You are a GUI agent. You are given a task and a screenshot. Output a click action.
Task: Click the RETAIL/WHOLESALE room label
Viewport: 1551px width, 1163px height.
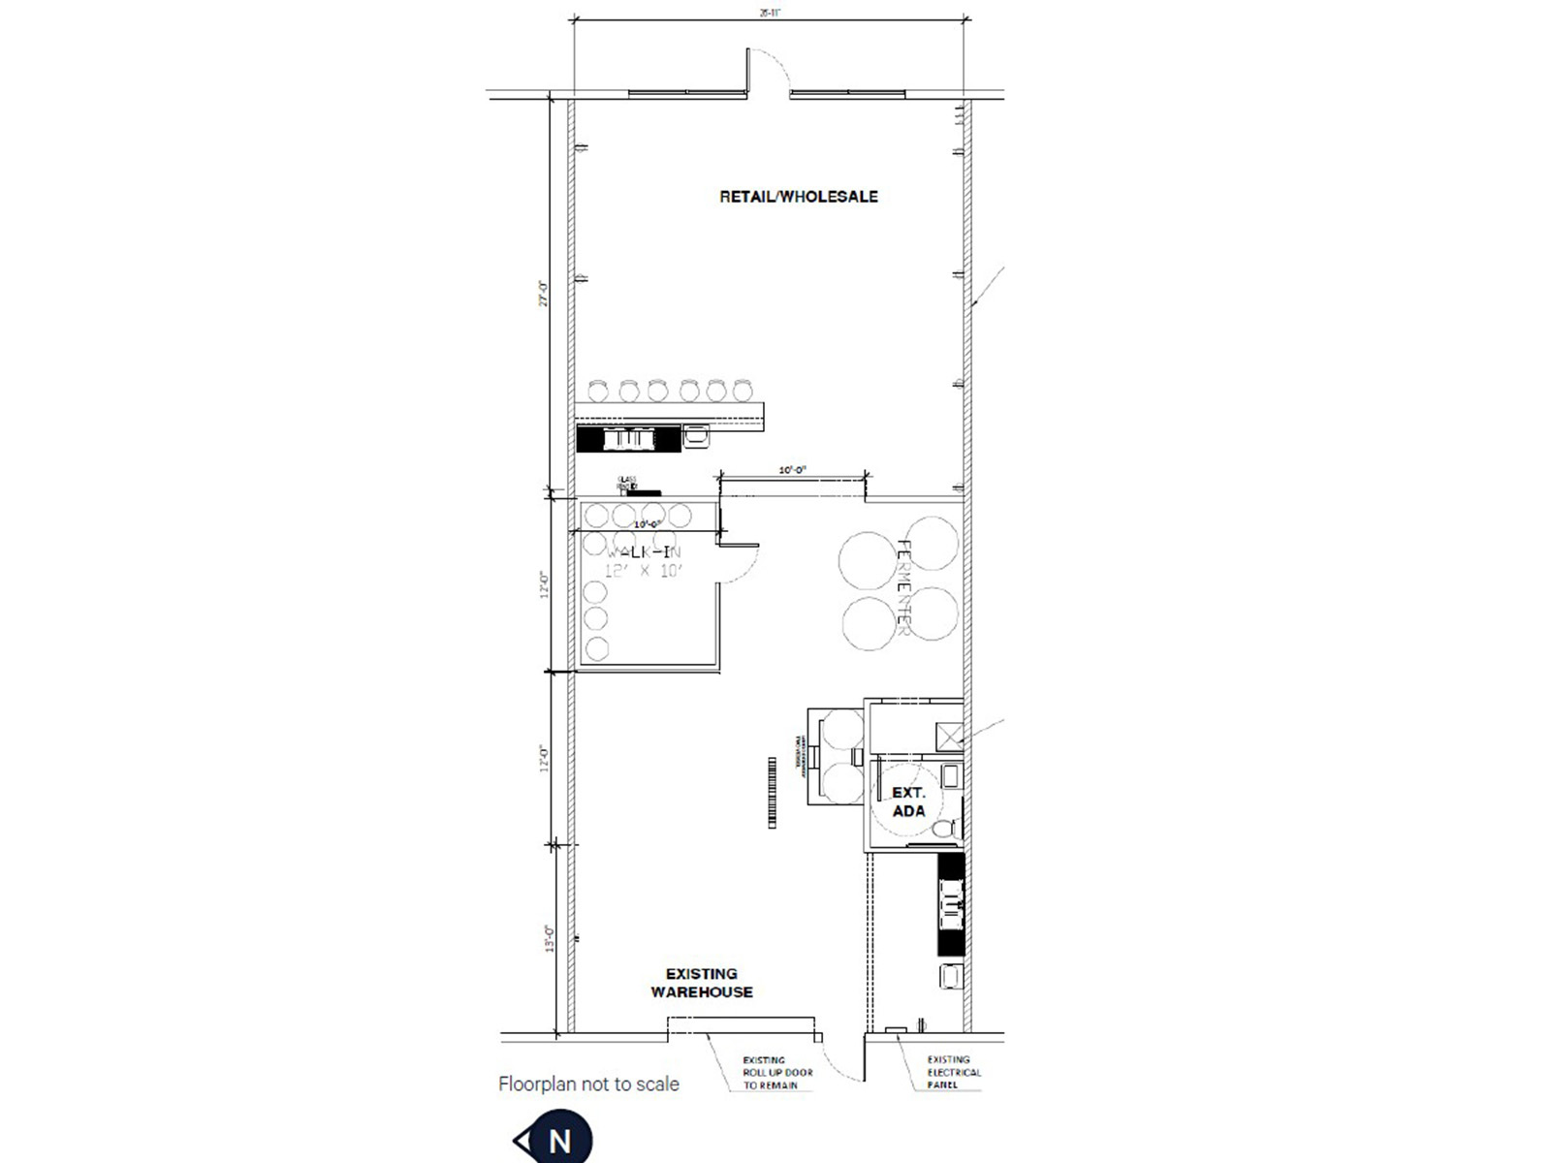(x=798, y=197)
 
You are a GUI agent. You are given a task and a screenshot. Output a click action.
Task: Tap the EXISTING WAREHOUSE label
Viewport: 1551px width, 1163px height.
(x=702, y=983)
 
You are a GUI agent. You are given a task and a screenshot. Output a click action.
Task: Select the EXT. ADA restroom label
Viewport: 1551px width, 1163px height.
(x=908, y=802)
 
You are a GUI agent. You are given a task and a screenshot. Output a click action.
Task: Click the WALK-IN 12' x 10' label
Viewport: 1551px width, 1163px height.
(x=644, y=561)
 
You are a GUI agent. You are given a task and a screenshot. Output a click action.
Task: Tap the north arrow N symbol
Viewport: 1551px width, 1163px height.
(x=557, y=1141)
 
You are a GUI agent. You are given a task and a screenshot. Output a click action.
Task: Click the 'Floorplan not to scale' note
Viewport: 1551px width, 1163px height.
(x=588, y=1084)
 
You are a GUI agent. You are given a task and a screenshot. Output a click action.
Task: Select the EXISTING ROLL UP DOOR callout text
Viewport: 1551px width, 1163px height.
(x=777, y=1073)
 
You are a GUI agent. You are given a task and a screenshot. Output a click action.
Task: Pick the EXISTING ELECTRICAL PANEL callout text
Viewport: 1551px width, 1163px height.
(x=954, y=1073)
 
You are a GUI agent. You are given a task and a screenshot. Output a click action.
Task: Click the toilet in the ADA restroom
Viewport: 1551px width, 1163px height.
(x=945, y=830)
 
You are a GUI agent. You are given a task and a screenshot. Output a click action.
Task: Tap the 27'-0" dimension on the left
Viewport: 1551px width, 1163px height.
(x=545, y=294)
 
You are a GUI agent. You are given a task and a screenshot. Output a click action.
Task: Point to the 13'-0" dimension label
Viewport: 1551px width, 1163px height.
(x=550, y=939)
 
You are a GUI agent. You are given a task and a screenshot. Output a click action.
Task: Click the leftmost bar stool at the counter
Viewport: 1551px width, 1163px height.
(x=599, y=391)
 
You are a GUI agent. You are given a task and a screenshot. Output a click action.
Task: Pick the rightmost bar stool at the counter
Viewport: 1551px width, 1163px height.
(x=744, y=391)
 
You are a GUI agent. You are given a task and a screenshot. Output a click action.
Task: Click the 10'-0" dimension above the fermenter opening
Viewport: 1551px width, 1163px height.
(x=793, y=470)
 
